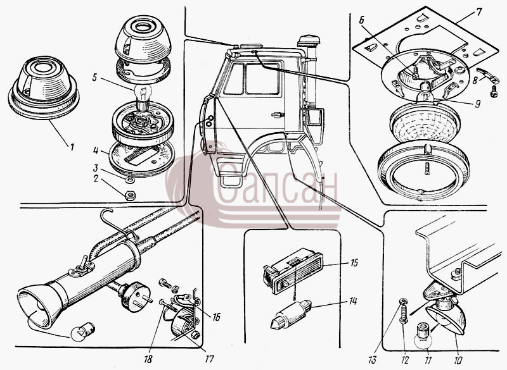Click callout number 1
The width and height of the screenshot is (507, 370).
coord(72,147)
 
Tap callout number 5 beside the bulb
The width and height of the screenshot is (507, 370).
coord(94,77)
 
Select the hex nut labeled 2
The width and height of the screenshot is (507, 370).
coord(130,195)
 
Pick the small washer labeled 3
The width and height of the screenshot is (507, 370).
coord(131,180)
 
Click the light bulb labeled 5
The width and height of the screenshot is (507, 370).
coord(142,94)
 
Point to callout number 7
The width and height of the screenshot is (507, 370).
coord(479,12)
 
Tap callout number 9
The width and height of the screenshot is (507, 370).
coord(478,104)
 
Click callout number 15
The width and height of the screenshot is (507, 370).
coord(354,262)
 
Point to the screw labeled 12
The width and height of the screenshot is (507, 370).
coord(404,311)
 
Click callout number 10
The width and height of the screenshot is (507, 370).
coord(458,359)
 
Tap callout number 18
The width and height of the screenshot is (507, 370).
coord(148,359)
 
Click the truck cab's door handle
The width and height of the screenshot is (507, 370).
coord(278,114)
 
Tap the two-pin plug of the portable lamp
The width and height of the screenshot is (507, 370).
coord(135,296)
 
